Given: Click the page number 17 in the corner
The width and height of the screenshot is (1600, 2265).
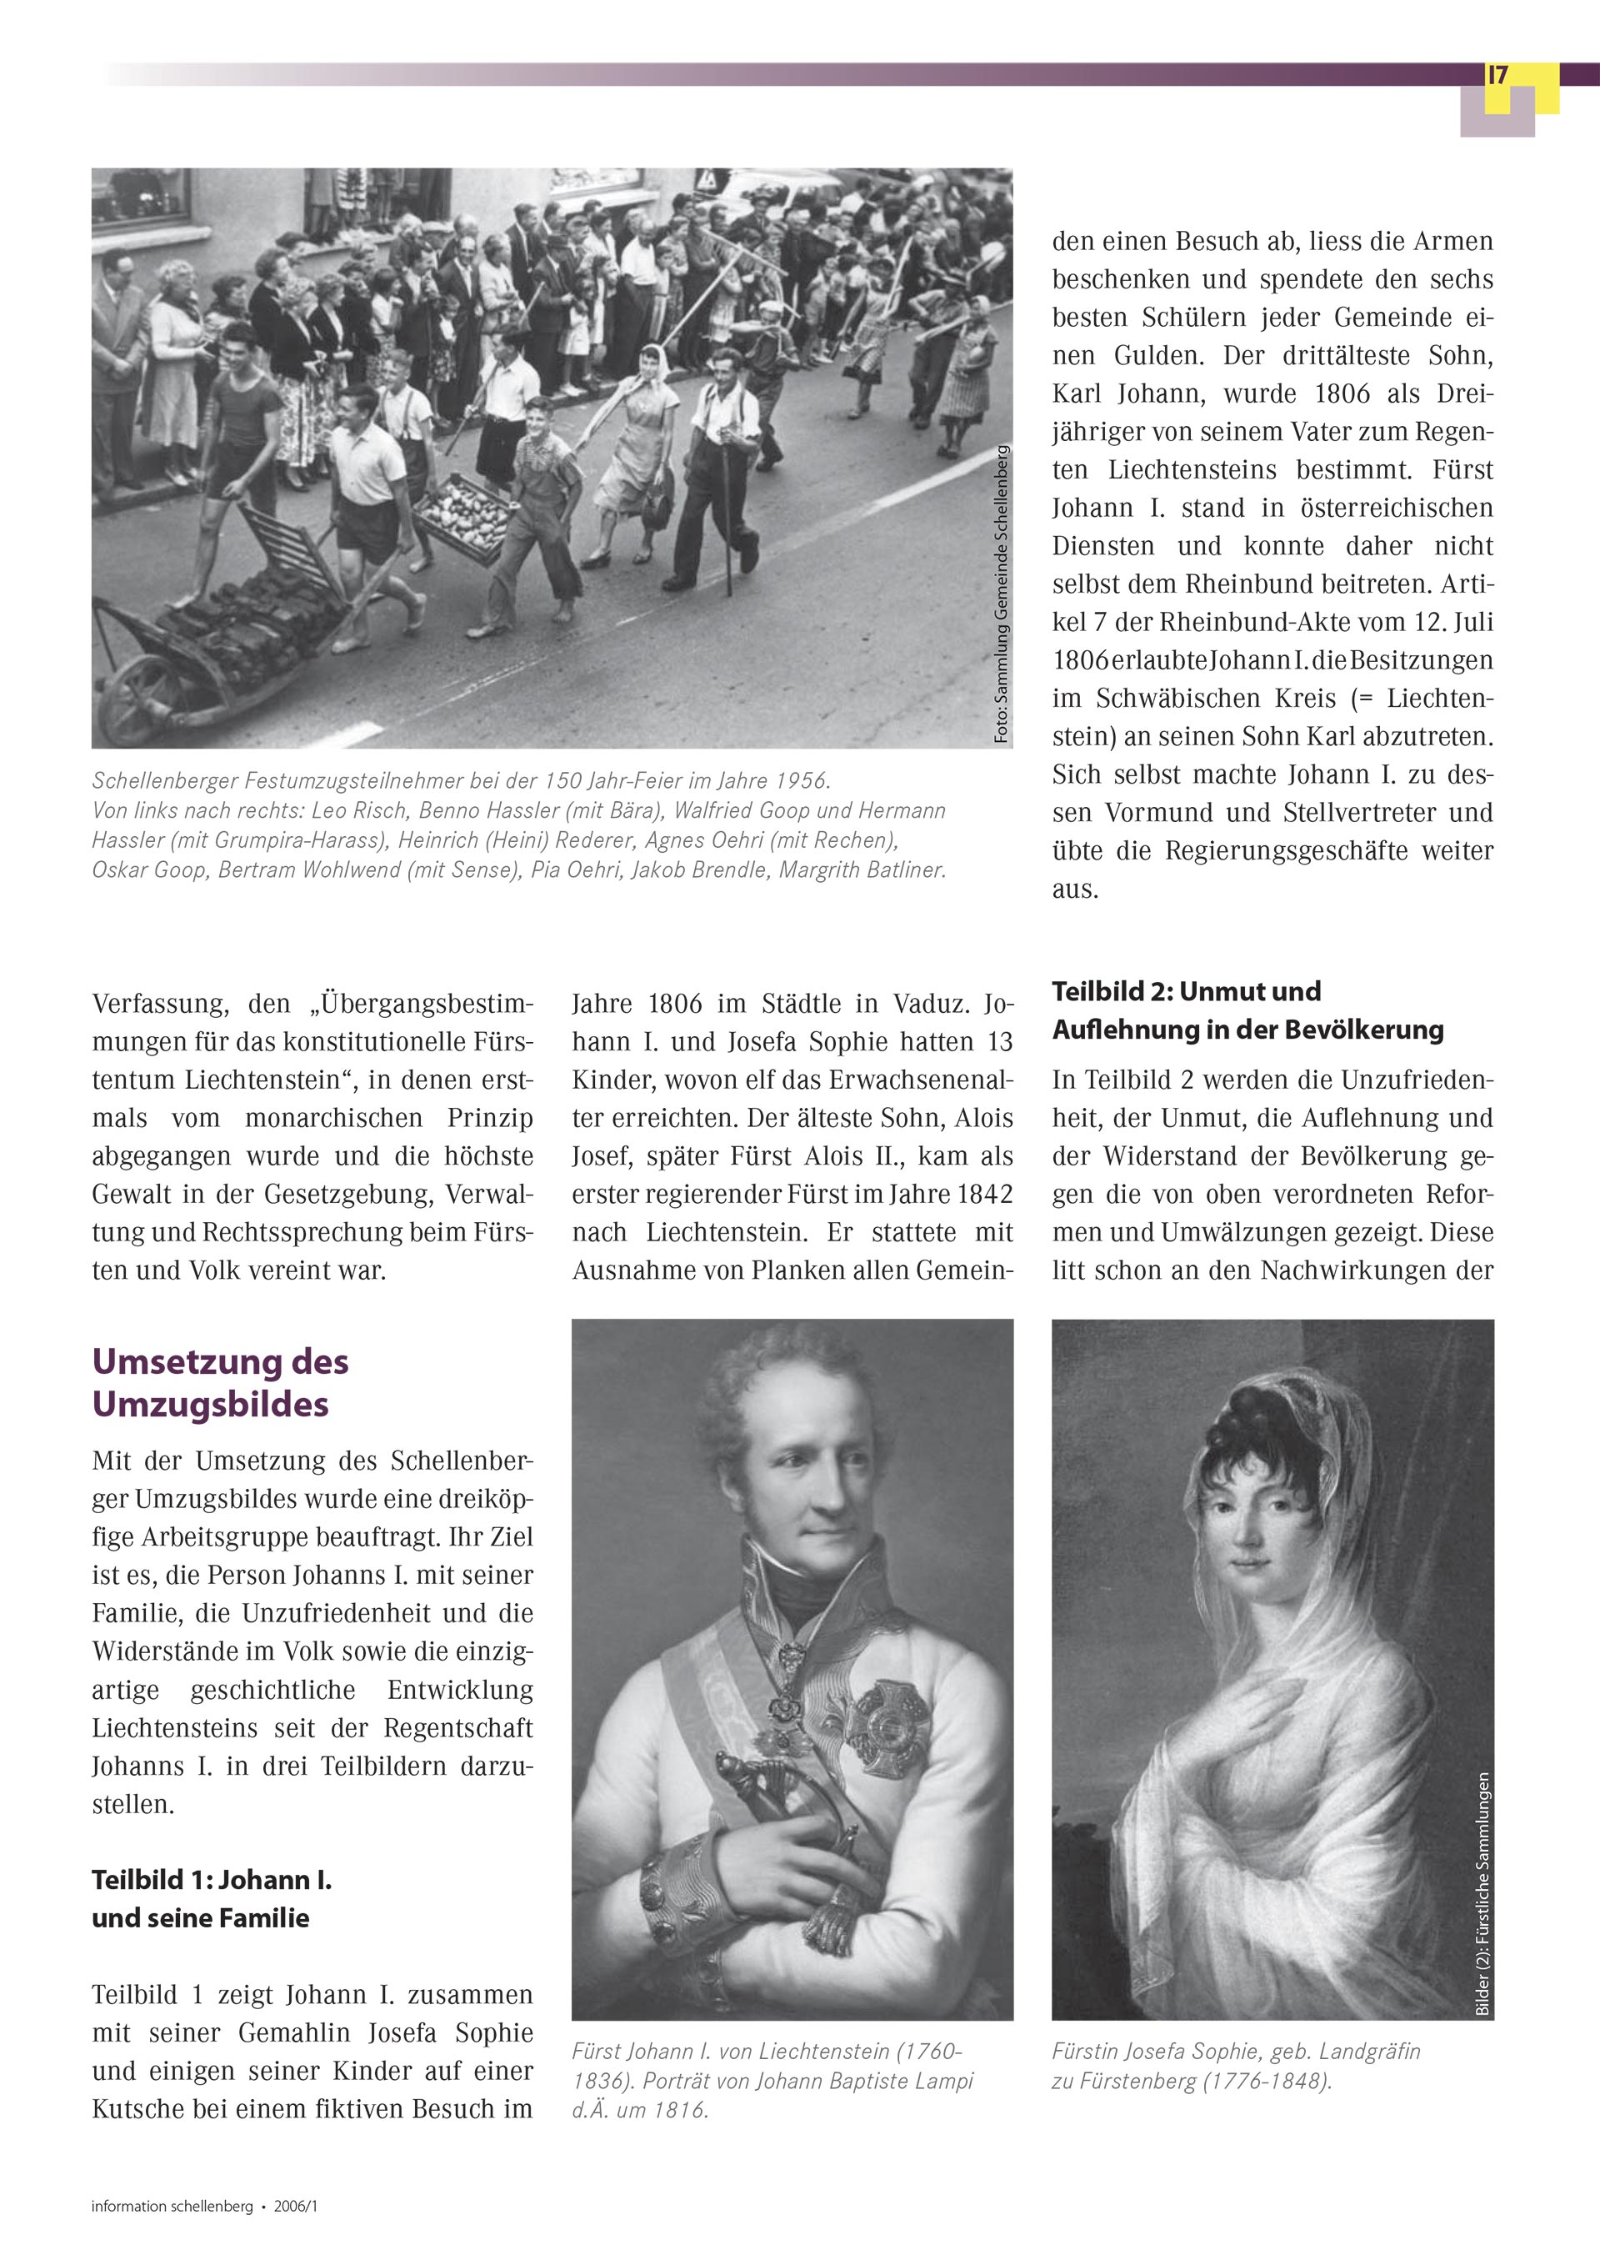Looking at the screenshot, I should pyautogui.click(x=1497, y=76).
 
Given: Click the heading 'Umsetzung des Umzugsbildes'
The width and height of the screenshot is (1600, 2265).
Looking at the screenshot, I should pyautogui.click(x=220, y=1382).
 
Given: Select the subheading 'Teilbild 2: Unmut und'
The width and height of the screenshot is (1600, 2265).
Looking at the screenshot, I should pyautogui.click(x=1186, y=991).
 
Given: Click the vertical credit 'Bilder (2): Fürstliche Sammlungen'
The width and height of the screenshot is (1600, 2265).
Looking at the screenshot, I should pyautogui.click(x=1482, y=1894).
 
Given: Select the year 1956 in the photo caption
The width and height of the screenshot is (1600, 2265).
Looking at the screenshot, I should pyautogui.click(x=797, y=780).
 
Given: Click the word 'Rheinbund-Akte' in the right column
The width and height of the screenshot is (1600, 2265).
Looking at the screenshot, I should pyautogui.click(x=1250, y=623).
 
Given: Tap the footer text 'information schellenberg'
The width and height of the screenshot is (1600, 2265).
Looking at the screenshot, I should pyautogui.click(x=172, y=2207).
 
